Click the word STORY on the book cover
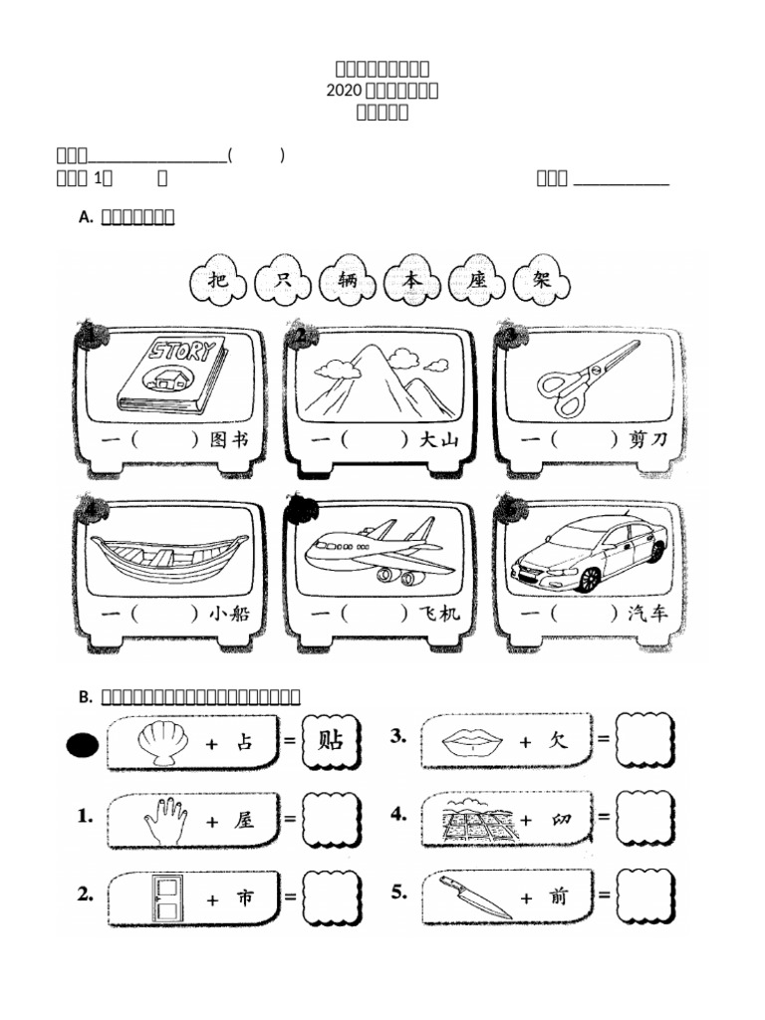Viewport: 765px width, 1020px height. click(x=182, y=352)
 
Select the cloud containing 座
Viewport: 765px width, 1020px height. click(x=478, y=283)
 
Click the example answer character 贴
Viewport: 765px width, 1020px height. click(x=329, y=741)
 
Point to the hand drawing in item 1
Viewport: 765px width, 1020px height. click(x=165, y=820)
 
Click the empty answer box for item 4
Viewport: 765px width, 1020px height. click(x=642, y=818)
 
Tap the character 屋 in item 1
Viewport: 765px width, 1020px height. click(x=245, y=821)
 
